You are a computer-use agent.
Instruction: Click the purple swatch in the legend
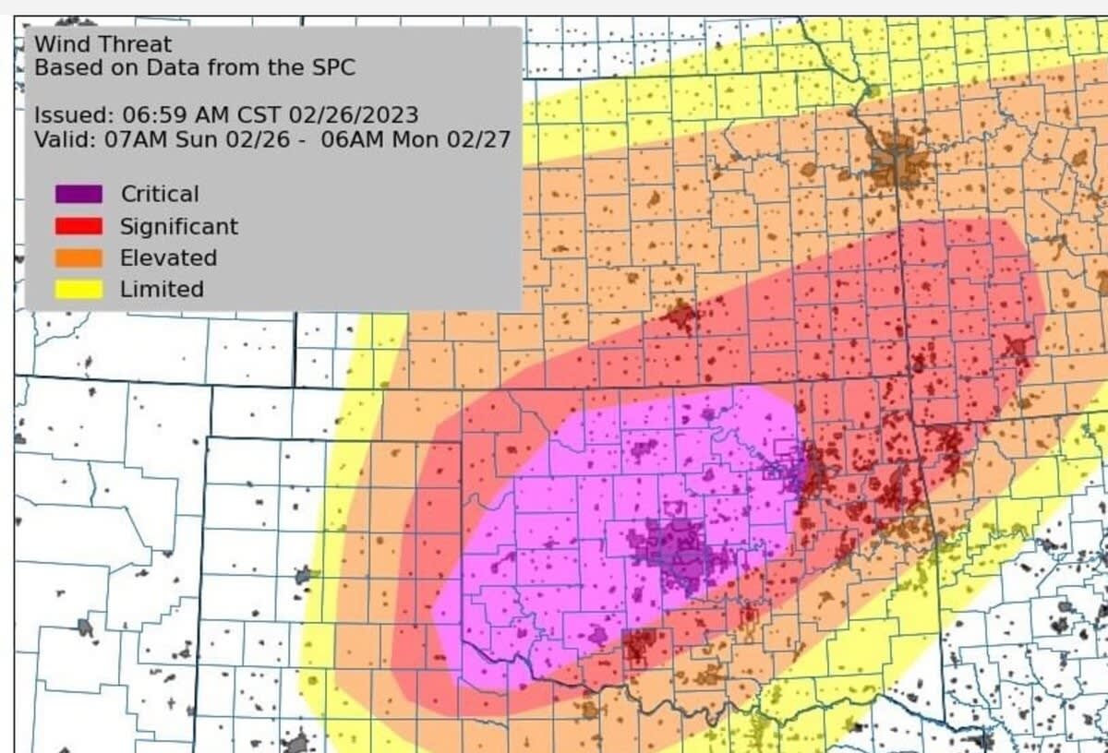tap(78, 195)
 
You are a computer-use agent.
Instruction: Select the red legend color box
tap(78, 226)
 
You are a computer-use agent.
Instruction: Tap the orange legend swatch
tap(78, 257)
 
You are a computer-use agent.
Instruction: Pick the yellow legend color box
tap(78, 289)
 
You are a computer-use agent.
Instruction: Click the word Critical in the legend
tap(159, 195)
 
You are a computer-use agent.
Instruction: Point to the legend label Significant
tap(178, 226)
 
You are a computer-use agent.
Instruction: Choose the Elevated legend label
tap(168, 257)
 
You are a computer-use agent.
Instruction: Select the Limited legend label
tap(162, 289)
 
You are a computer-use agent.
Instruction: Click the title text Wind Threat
tap(102, 43)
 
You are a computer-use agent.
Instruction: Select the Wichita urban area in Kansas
tap(680, 317)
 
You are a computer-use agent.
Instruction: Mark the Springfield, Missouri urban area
tap(1018, 348)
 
